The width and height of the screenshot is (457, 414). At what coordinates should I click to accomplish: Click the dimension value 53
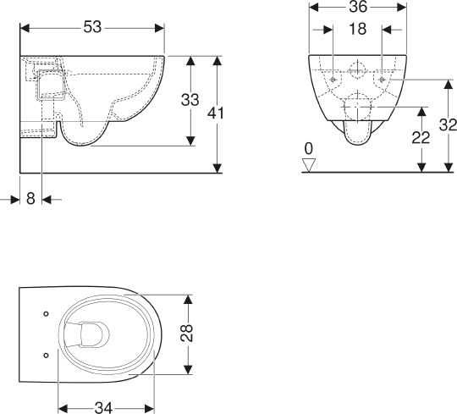(92, 28)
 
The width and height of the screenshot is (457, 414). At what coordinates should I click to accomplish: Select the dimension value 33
(190, 99)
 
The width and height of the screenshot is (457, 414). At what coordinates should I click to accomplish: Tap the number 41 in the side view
(216, 113)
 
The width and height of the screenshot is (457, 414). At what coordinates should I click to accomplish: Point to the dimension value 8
(30, 199)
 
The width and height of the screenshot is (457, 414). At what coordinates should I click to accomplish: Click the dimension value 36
(358, 7)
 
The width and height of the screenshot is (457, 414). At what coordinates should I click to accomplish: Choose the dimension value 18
(358, 29)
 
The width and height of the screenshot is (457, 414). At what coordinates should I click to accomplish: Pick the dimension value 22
(421, 137)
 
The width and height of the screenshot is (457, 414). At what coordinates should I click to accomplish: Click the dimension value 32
(448, 125)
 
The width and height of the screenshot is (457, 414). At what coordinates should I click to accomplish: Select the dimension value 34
(103, 407)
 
